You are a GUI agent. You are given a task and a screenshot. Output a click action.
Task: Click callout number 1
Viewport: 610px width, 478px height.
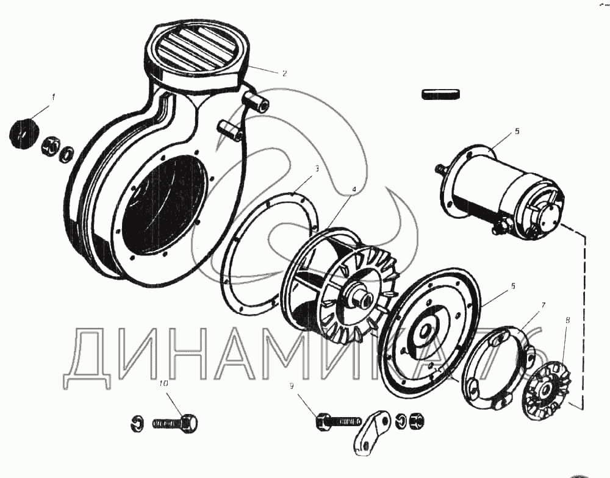coord(54,97)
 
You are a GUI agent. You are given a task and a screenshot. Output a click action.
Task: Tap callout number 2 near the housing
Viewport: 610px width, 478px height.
coord(284,73)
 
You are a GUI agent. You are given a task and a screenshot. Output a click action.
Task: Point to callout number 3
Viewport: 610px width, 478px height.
coord(317,168)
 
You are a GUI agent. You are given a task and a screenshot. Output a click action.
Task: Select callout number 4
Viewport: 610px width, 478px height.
coord(354,190)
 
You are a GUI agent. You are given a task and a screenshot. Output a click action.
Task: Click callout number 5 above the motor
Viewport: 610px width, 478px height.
coord(517,132)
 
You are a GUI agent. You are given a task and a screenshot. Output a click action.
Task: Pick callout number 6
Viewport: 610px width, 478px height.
coord(513,287)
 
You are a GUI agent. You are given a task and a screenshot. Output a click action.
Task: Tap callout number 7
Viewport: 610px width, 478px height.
coord(543,305)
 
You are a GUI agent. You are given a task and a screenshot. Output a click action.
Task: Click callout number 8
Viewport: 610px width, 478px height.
coord(567,320)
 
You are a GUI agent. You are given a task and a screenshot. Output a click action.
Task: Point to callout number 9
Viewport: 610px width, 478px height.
coord(291,385)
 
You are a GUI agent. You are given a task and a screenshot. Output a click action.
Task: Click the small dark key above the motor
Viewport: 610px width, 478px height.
coord(441,94)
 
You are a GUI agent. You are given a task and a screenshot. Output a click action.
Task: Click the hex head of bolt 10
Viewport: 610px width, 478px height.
coord(190,422)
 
